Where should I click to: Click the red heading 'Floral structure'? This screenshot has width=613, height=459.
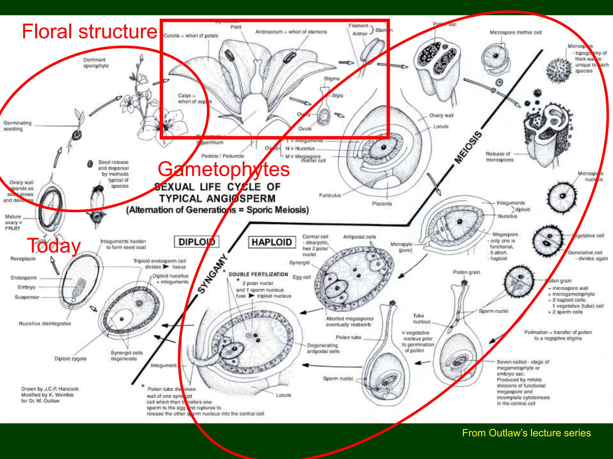pyautogui.click(x=89, y=32)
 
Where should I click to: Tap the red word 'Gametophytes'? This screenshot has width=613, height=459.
pyautogui.click(x=224, y=169)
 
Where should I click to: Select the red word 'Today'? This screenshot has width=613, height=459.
pyautogui.click(x=54, y=246)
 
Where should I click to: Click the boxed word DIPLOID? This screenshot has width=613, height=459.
pyautogui.click(x=197, y=242)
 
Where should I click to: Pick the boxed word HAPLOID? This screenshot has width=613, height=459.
pyautogui.click(x=271, y=242)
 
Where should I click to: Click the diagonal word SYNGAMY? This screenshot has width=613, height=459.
pyautogui.click(x=213, y=273)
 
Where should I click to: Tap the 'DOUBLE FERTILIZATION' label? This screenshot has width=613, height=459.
pyautogui.click(x=258, y=274)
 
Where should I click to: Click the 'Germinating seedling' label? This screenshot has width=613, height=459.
pyautogui.click(x=17, y=126)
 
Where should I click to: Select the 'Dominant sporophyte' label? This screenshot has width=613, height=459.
pyautogui.click(x=96, y=63)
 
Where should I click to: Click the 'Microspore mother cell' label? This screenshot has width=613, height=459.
pyautogui.click(x=515, y=32)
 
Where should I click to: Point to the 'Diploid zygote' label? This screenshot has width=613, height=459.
pyautogui.click(x=70, y=359)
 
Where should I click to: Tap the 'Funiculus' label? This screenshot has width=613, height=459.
pyautogui.click(x=330, y=195)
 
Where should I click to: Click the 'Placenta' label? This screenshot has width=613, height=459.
pyautogui.click(x=382, y=204)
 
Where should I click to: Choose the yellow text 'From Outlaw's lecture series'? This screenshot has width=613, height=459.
pyautogui.click(x=526, y=433)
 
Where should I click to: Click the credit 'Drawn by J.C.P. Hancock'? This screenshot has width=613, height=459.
pyautogui.click(x=50, y=389)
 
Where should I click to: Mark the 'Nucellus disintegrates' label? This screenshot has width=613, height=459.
pyautogui.click(x=45, y=323)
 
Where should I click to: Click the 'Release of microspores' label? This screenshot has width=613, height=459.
pyautogui.click(x=499, y=157)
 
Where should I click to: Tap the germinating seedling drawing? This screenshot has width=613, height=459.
pyautogui.click(x=77, y=128)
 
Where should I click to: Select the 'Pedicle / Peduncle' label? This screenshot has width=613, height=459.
pyautogui.click(x=222, y=156)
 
